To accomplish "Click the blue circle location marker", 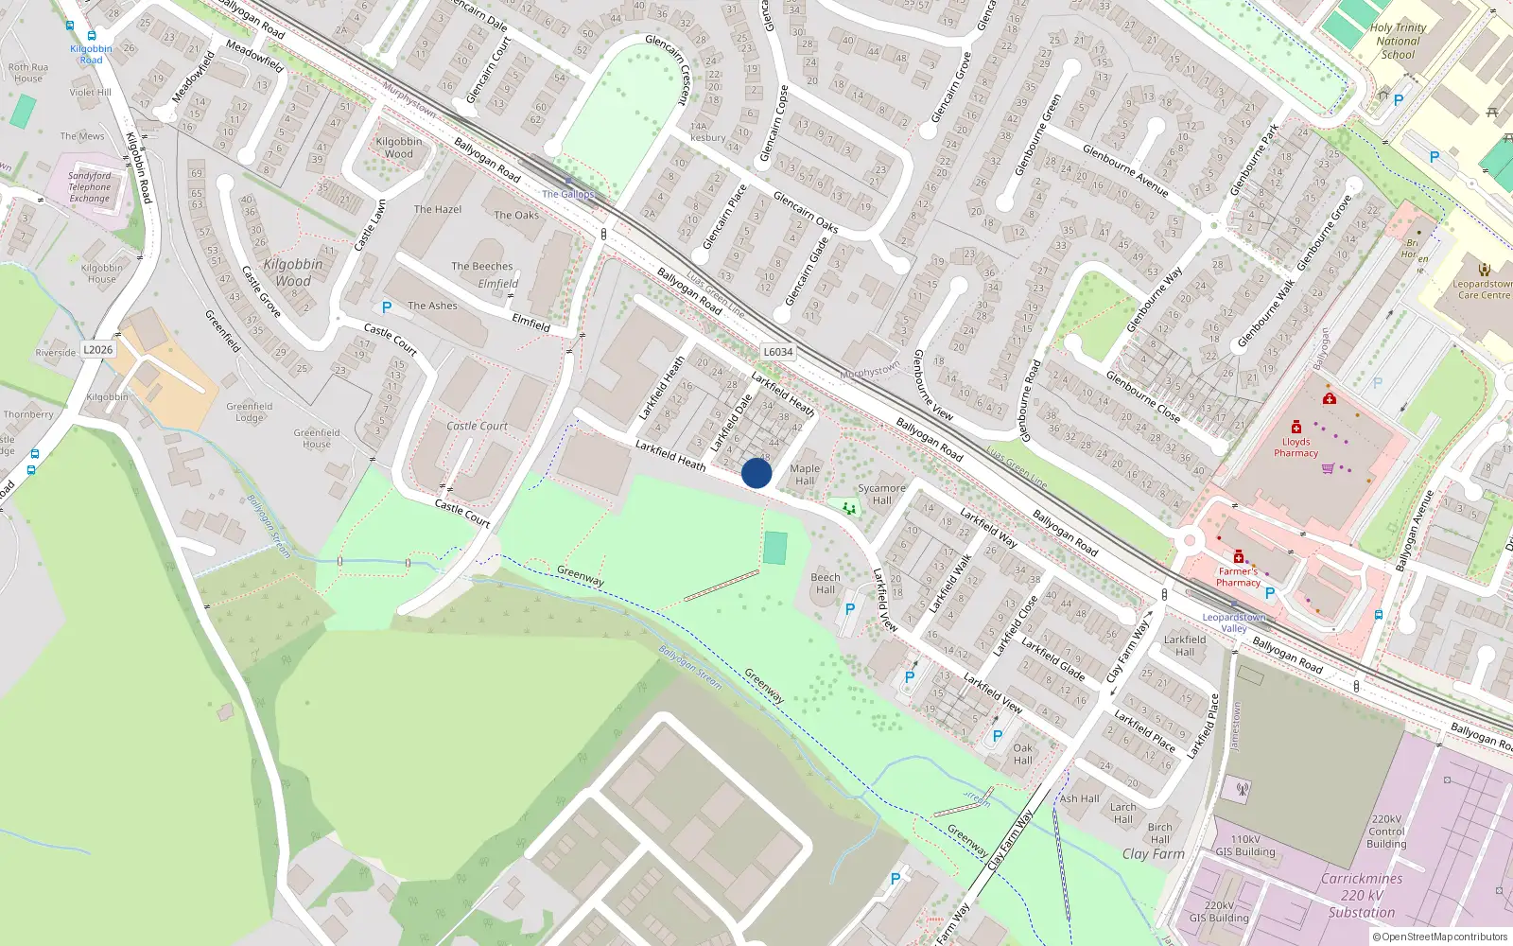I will coord(756,473).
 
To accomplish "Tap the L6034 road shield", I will coord(778,352).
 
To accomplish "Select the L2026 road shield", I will coord(97,350).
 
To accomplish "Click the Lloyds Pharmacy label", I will coord(1296,447).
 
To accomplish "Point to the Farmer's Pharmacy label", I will coord(1238,576).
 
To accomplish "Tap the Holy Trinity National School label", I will coord(1398,42).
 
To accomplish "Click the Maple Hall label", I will coord(805,474).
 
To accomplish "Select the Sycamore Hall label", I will coord(881,494).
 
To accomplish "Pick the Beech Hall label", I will coord(826,583).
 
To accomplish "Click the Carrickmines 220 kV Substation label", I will coord(1362,895).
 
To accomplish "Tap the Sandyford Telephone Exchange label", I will coord(90,187).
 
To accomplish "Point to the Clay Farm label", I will coord(1154,853).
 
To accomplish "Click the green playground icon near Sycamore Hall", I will coord(849,509).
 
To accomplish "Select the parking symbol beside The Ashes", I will coord(386,307).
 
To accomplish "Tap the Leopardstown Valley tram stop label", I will coord(1234,622).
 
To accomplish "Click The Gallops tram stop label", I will coord(568,194).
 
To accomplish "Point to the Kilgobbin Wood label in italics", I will coord(293,272).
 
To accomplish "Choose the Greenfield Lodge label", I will coord(250,412).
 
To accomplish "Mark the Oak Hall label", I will coord(1023,754).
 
